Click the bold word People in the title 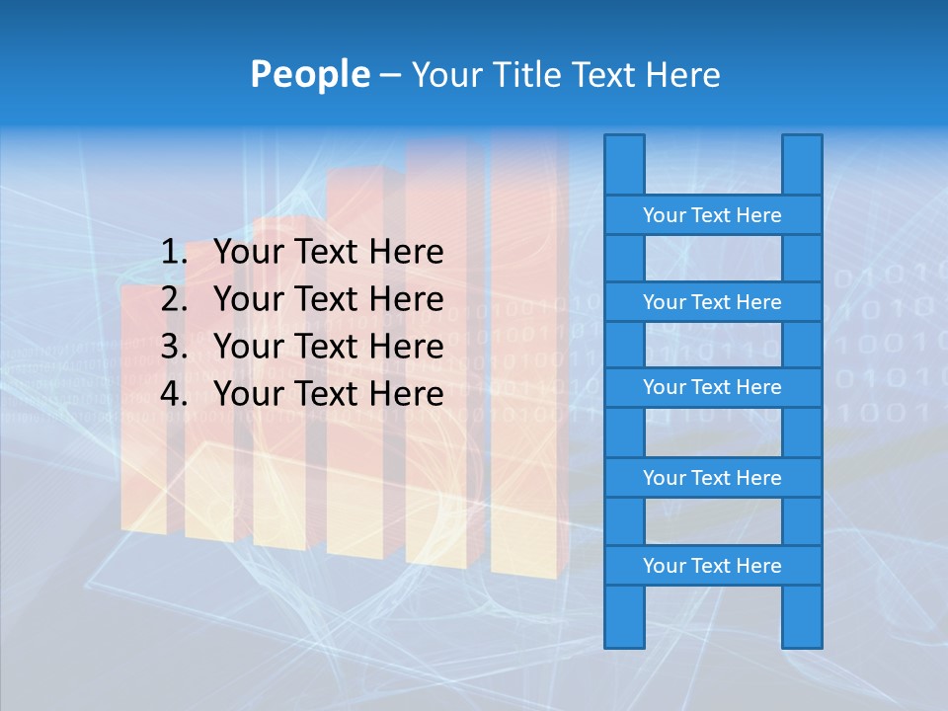(x=309, y=74)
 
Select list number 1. (x=173, y=253)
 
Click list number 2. (x=173, y=299)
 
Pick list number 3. (x=173, y=347)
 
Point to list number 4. (x=173, y=394)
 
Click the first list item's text (x=328, y=253)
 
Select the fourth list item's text (x=328, y=394)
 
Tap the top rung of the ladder (x=712, y=215)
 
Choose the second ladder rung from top (x=712, y=302)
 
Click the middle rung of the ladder (x=712, y=387)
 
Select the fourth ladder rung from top (x=712, y=478)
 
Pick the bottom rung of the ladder (x=712, y=566)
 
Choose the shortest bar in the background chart (x=143, y=415)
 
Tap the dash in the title (x=389, y=75)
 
